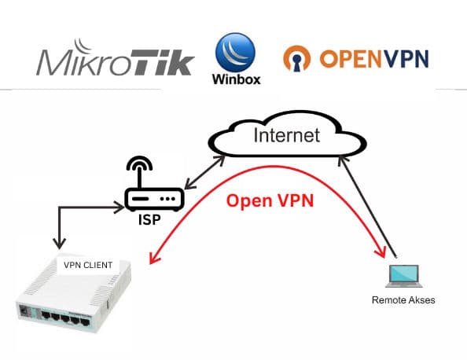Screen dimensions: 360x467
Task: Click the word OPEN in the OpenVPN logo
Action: [x=347, y=59]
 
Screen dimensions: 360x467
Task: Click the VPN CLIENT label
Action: [x=89, y=266]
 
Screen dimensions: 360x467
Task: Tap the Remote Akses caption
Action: [x=403, y=300]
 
